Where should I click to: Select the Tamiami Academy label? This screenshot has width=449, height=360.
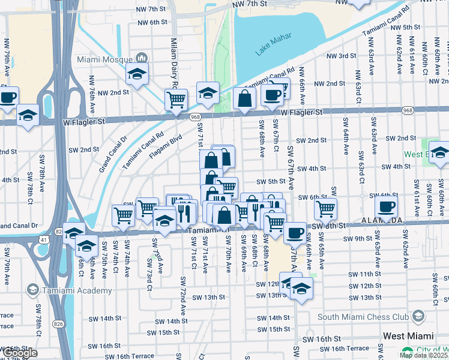coord(77,290)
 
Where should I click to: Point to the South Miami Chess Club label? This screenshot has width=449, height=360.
coord(363,317)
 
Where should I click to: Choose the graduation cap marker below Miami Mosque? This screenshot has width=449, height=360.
coord(137,75)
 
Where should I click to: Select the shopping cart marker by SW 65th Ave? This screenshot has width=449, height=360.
coord(325,209)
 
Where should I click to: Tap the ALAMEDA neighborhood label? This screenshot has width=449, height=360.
coord(382,221)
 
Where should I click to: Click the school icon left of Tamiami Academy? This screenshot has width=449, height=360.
coord(32,290)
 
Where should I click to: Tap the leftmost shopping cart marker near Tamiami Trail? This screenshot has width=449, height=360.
coord(123,215)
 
